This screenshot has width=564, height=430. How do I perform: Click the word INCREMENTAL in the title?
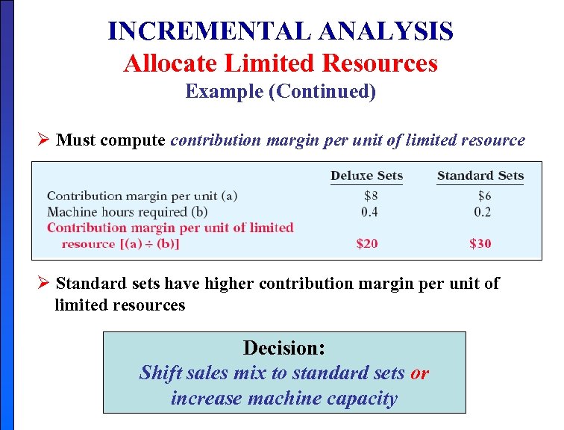pos(210,31)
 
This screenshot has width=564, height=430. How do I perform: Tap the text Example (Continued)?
pos(281,91)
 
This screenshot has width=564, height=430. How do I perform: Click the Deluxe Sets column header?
pos(366,176)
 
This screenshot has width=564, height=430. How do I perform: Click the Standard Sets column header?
pos(480,176)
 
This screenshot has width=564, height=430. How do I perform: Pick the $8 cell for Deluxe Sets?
pos(371,196)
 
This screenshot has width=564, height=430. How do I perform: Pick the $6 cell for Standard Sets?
pos(484,196)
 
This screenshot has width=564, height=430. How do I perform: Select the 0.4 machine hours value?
pos(369,212)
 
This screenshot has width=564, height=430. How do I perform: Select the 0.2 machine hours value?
pos(482,212)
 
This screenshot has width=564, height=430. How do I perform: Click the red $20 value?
pos(367,243)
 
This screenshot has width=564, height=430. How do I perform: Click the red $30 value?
pos(480,243)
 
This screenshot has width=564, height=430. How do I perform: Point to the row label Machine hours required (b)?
pos(128,212)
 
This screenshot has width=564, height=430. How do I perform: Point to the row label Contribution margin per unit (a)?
pos(142,196)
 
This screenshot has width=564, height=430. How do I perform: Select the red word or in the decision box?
pos(419,373)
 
